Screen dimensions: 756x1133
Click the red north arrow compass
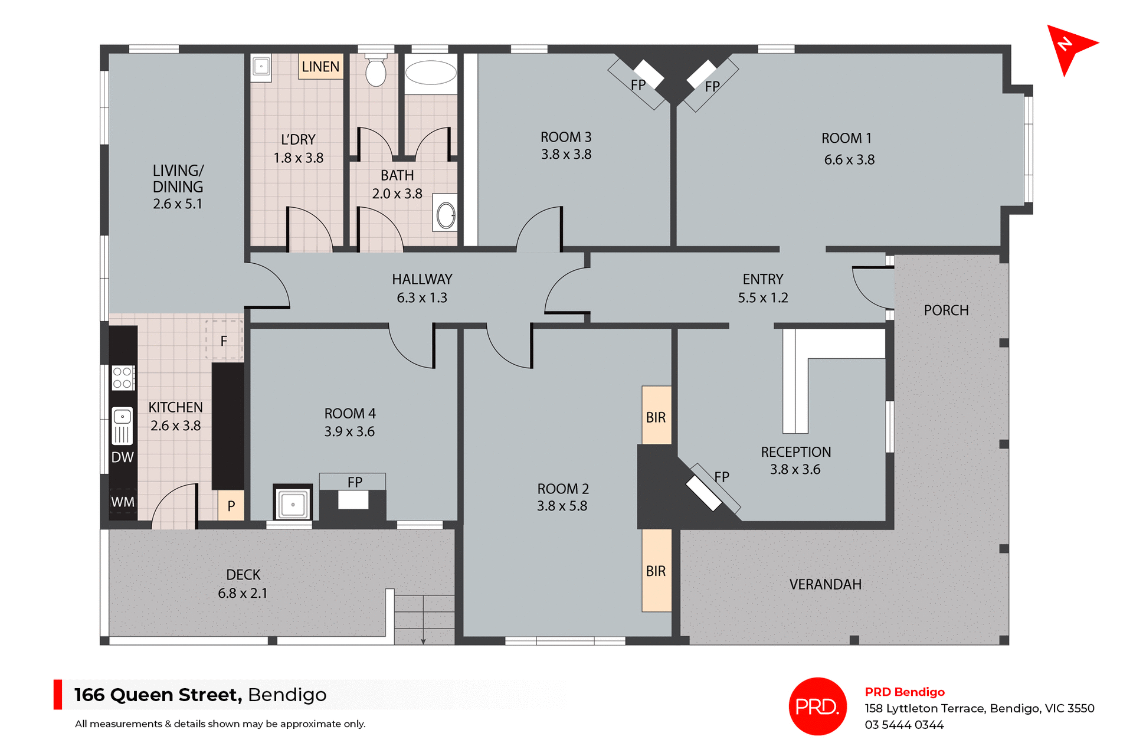pos(1069,47)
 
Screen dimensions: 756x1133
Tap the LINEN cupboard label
pos(320,67)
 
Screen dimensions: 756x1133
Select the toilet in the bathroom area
pos(376,71)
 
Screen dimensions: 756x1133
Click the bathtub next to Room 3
pos(431,73)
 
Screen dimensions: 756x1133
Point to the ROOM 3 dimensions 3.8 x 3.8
pos(566,155)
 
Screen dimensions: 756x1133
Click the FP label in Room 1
pos(712,87)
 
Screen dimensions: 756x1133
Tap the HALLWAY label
pos(422,279)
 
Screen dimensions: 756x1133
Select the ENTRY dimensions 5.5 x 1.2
pos(762,298)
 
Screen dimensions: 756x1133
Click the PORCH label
pos(946,310)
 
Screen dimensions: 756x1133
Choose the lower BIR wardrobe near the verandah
pos(656,571)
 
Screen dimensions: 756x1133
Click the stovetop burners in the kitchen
pos(123,378)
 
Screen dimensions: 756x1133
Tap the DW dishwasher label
pos(123,457)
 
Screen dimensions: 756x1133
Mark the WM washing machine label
pos(123,502)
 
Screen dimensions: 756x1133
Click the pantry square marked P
pos(231,506)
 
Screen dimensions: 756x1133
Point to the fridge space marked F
pos(224,341)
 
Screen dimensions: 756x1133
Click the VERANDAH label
pos(825,584)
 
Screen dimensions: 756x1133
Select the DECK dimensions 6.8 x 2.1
pos(243,594)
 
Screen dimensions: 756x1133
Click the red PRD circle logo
pos(817,706)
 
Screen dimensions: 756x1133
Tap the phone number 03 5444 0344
pos(904,725)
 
